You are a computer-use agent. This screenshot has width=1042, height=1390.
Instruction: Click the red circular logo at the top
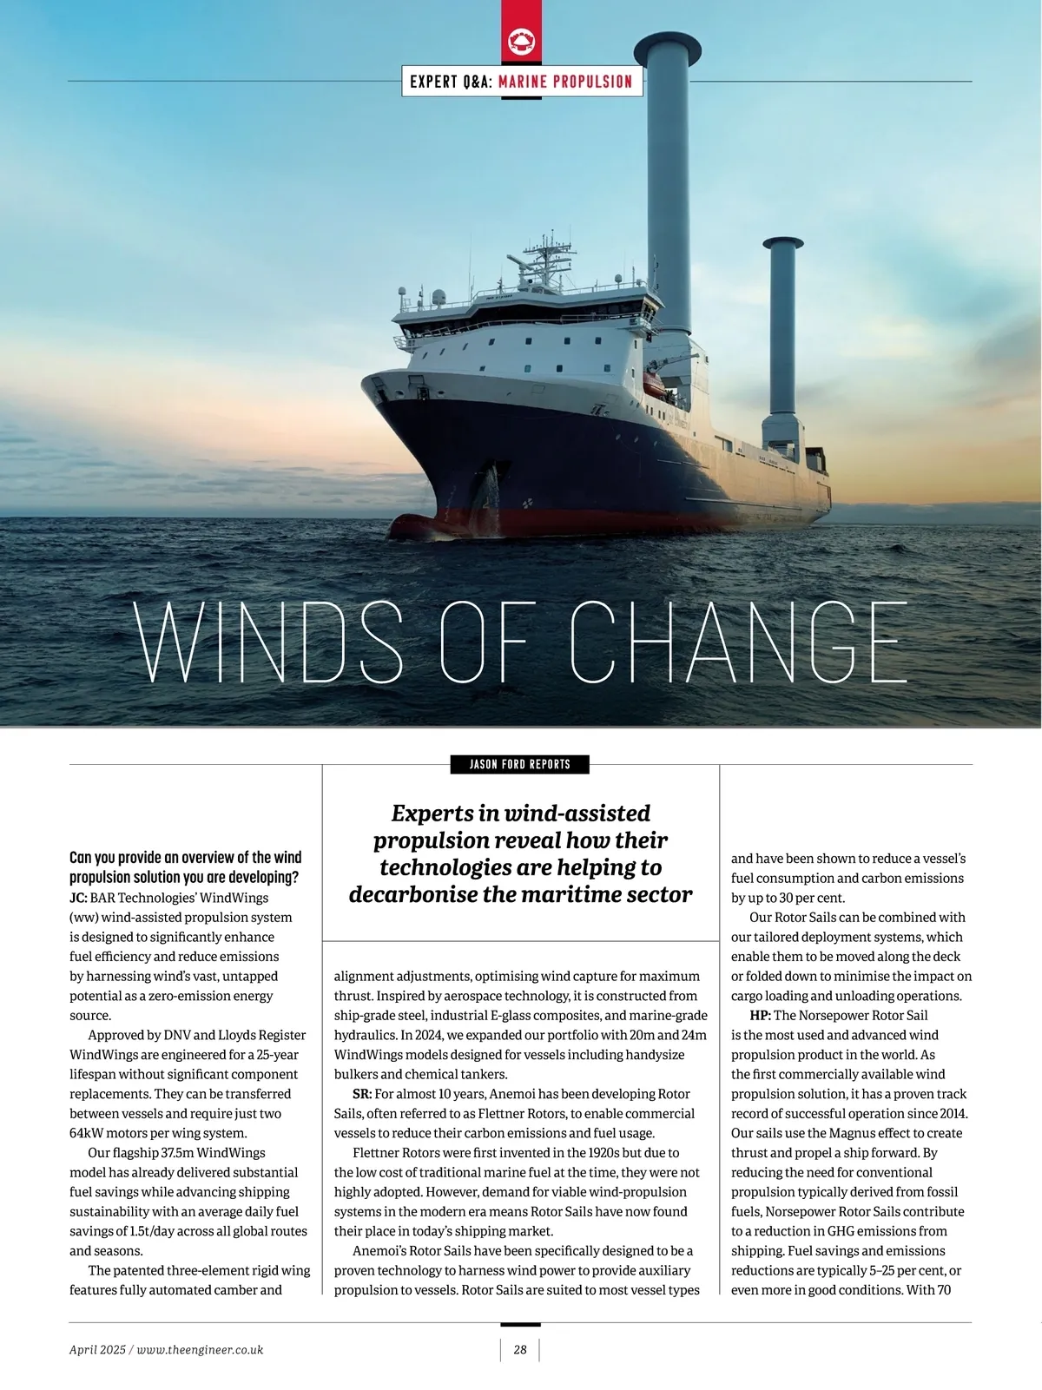[x=520, y=41]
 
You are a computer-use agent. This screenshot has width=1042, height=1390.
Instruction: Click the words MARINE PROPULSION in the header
[x=565, y=82]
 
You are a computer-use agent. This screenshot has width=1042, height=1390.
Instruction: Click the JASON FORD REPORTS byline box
[x=520, y=764]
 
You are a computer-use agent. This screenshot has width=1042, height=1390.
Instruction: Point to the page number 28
[x=520, y=1349]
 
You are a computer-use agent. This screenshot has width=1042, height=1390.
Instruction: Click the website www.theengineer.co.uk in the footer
[x=201, y=1349]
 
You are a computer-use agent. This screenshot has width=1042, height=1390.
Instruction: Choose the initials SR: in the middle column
[x=362, y=1094]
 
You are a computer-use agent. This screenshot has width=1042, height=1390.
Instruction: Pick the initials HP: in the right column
[x=760, y=1016]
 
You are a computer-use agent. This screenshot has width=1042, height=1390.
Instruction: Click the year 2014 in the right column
[x=950, y=1114]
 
